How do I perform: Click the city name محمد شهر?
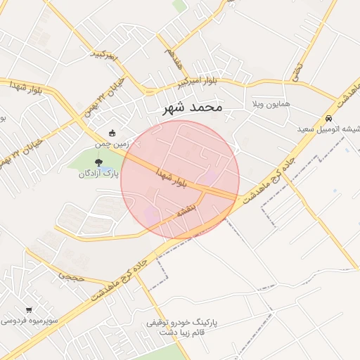pos(192,108)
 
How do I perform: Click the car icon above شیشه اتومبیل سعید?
pos(329,119)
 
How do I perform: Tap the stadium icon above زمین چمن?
pos(112,133)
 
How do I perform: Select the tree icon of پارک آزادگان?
pos(98,162)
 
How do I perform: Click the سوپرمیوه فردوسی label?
pos(29,321)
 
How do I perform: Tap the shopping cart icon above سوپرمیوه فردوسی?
pos(29,310)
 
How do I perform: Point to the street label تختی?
pos(297,70)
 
